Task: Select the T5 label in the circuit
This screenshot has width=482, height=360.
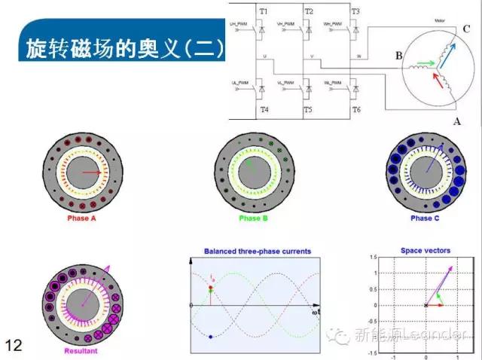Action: (x=307, y=110)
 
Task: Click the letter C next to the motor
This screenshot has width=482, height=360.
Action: (x=468, y=28)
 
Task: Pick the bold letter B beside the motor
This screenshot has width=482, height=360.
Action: (x=399, y=55)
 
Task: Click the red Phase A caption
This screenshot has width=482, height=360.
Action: (x=83, y=218)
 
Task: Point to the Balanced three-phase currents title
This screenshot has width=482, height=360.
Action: (x=258, y=251)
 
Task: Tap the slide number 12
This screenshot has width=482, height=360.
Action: (x=13, y=345)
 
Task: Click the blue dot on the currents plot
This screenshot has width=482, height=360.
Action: (x=211, y=337)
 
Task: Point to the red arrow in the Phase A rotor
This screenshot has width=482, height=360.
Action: (x=93, y=172)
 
